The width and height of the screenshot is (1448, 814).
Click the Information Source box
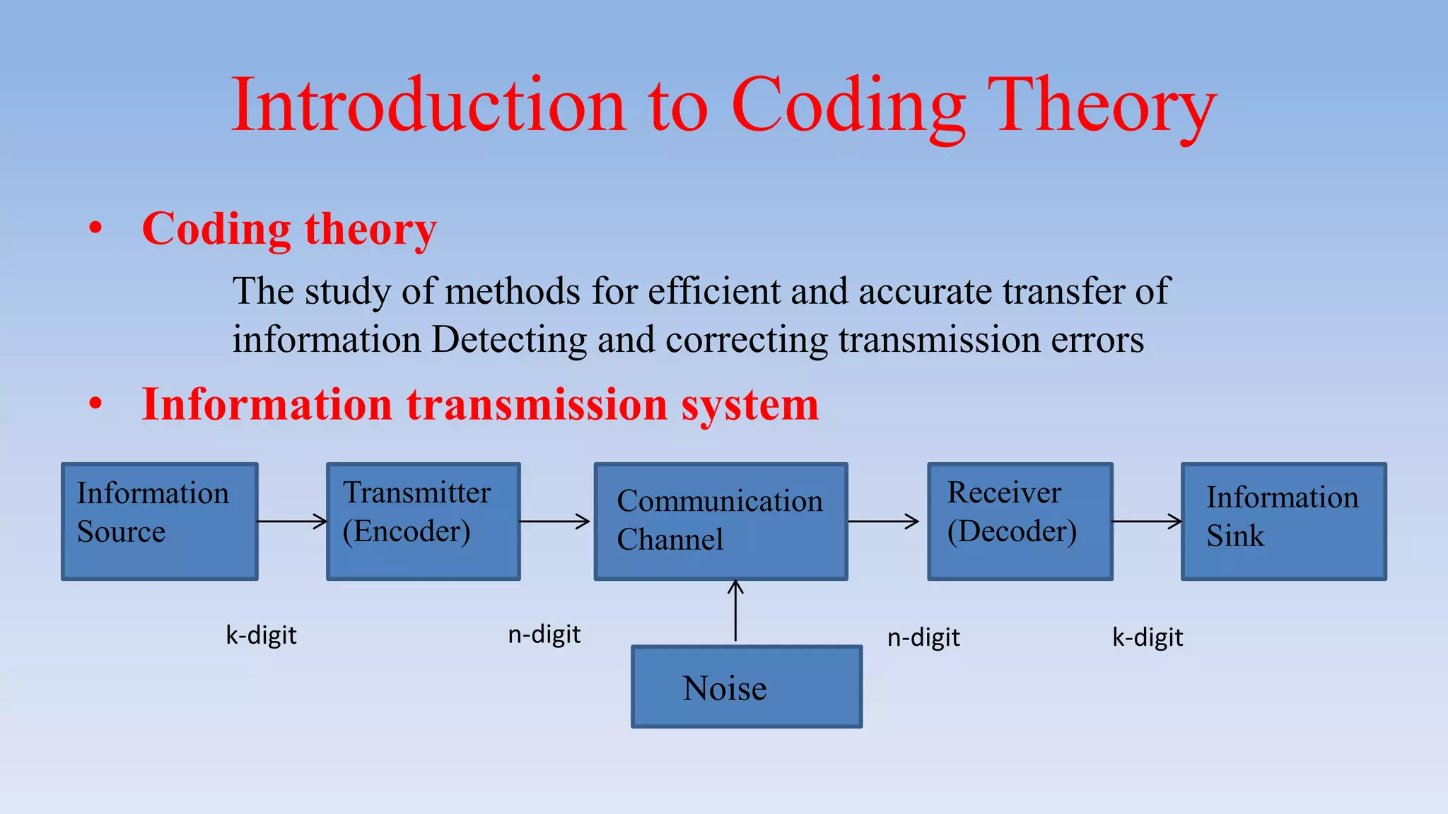point(160,521)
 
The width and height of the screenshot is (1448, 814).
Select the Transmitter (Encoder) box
point(424,521)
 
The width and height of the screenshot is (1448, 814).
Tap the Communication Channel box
point(720,521)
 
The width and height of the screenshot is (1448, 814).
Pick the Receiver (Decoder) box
point(1020,521)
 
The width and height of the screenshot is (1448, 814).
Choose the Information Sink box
point(1283,521)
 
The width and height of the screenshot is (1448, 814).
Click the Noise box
point(747,687)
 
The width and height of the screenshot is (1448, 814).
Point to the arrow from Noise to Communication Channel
point(736,612)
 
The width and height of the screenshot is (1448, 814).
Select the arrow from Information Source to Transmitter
point(292,521)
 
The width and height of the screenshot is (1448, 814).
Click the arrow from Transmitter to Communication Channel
point(555,521)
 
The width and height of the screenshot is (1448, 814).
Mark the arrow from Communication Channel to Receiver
point(884,521)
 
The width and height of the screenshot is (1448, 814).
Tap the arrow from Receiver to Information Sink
point(1147,521)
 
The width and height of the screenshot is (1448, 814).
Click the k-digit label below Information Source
point(261,635)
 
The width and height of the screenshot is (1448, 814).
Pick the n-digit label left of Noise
point(544,635)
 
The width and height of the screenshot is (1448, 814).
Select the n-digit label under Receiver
point(923,638)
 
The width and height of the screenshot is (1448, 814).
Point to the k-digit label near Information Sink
point(1148,638)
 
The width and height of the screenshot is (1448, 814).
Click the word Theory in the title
point(1101,106)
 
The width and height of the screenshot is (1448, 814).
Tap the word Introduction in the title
point(428,106)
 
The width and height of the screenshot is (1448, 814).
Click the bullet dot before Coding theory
point(95,228)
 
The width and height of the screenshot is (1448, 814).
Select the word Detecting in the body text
point(508,341)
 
